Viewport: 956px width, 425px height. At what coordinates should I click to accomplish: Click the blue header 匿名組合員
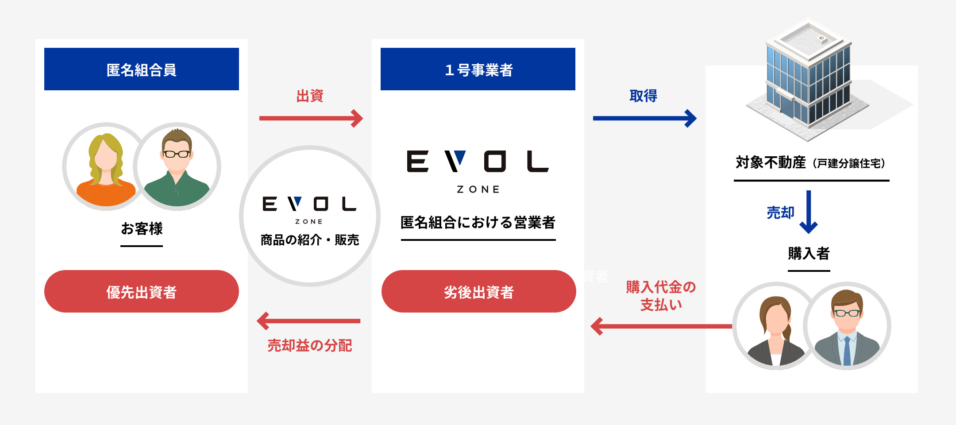pos(142,69)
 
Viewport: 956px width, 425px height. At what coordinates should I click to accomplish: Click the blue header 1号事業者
pos(478,69)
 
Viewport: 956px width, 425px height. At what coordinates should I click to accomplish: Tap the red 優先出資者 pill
pos(142,291)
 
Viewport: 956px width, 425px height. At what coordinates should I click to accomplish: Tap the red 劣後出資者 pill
pos(478,291)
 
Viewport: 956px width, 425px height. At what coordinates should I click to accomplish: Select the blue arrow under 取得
pos(644,118)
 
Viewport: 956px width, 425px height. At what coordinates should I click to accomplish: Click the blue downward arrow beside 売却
pos(809,212)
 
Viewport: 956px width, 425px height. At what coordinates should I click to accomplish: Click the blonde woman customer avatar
pos(105,166)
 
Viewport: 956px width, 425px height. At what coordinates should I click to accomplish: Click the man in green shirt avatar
pos(177,166)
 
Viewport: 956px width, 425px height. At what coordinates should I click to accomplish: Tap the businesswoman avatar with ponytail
pos(775,326)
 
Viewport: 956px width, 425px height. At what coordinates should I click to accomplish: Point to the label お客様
pos(142,228)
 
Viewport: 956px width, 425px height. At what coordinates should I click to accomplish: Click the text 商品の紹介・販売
pos(309,240)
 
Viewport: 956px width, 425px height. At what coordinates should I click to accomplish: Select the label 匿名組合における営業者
pos(478,222)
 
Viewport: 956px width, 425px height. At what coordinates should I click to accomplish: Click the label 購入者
pos(809,253)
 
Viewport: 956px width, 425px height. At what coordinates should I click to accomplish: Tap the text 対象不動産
pos(771,162)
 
